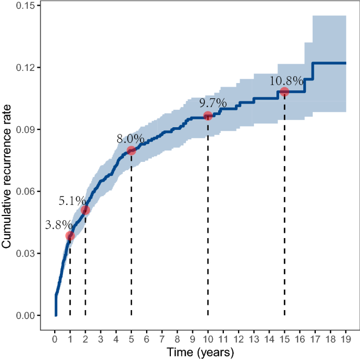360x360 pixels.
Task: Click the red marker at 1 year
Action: (x=70, y=236)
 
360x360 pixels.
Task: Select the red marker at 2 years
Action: (x=85, y=210)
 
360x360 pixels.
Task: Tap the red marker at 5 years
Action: (x=131, y=151)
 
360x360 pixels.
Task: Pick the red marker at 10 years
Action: (x=208, y=116)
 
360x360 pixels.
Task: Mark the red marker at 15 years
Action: (x=284, y=91)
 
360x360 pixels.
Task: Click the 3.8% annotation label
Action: (x=58, y=224)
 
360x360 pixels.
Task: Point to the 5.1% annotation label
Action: (x=72, y=200)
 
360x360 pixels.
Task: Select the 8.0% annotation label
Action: (x=130, y=139)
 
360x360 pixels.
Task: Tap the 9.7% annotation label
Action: (x=213, y=103)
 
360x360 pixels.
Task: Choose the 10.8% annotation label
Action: (x=286, y=81)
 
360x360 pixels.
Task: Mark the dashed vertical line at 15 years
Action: (x=284, y=210)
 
